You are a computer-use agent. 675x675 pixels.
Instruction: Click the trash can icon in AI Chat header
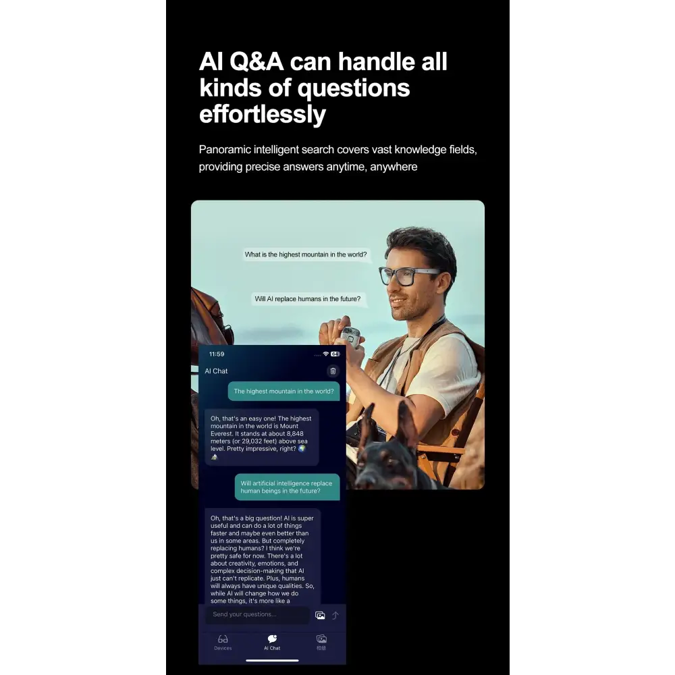tap(333, 371)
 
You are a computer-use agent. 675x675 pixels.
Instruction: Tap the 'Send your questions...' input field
tap(256, 614)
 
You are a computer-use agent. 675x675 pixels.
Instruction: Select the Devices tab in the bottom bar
tap(223, 641)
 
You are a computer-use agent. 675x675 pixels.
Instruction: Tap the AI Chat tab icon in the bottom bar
tap(272, 639)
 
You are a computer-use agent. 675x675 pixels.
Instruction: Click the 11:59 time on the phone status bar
tap(217, 354)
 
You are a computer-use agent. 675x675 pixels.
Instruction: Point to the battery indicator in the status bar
tap(335, 354)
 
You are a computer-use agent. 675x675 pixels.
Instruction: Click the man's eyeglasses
tap(408, 274)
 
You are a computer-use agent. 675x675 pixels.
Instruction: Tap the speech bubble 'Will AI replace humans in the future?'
tap(307, 298)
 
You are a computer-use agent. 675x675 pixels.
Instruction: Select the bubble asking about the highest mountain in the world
tap(306, 254)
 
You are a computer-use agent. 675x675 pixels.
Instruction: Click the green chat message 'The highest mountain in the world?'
tap(283, 391)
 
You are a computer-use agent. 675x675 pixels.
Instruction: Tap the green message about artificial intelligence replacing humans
tap(287, 487)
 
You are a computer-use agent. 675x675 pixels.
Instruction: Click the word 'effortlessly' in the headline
tap(262, 114)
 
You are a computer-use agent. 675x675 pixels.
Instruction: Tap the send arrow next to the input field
tap(335, 615)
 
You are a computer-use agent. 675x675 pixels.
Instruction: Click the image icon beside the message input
tap(320, 615)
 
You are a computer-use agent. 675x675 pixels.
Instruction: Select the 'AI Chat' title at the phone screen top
tap(217, 371)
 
